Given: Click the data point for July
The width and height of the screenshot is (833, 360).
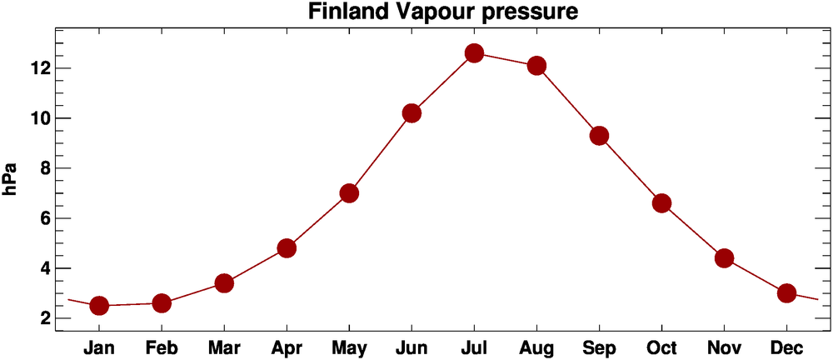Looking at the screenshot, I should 474,53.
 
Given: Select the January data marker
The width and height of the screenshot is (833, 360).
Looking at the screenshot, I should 99,306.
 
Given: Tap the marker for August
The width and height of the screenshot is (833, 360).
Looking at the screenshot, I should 536,66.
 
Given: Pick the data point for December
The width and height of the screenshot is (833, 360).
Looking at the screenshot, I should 786,293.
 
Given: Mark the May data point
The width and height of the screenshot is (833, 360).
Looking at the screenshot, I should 349,193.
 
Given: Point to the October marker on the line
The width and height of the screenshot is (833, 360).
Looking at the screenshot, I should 661,203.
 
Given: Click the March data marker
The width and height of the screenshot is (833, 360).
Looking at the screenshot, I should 224,283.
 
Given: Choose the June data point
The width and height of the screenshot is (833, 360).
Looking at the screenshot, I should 412,113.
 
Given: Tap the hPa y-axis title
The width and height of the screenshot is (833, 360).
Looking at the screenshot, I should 12,179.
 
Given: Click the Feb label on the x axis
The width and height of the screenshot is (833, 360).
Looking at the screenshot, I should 162,347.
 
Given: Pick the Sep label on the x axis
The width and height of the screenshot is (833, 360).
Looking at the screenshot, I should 599,347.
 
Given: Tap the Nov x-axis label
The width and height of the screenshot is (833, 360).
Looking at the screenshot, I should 724,347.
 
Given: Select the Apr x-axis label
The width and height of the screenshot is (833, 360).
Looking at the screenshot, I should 287,347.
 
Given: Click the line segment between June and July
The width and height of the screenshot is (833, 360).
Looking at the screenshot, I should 442,83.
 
